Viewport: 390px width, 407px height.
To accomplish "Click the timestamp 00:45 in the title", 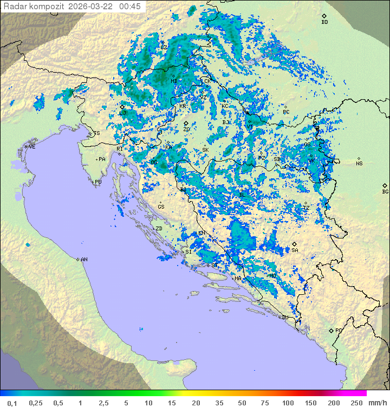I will point(131,7).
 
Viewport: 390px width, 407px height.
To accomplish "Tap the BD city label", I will point(324,22).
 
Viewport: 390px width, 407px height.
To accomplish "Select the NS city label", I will point(359,163).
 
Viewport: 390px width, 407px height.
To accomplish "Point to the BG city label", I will point(385,191).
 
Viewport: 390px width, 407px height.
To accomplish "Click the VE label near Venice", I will point(32,146).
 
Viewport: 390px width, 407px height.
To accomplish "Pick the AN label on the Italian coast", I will point(84,260).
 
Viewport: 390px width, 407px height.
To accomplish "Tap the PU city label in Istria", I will point(98,182).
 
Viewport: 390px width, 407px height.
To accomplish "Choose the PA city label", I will point(102,159).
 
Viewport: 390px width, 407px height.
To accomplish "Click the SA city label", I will point(295,250).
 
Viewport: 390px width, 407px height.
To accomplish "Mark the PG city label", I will point(339,330).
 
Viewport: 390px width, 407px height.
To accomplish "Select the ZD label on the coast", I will point(159,229).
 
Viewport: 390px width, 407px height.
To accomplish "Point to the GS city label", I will point(161,206).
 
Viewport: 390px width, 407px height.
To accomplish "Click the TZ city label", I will point(306,208).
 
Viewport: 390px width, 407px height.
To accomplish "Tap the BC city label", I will point(286,112).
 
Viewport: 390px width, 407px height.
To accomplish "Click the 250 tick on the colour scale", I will point(356,403).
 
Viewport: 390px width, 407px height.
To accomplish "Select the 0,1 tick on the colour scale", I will point(12,403).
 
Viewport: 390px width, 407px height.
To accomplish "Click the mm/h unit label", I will point(376,403).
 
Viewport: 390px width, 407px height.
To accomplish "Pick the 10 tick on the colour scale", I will point(148,403).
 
